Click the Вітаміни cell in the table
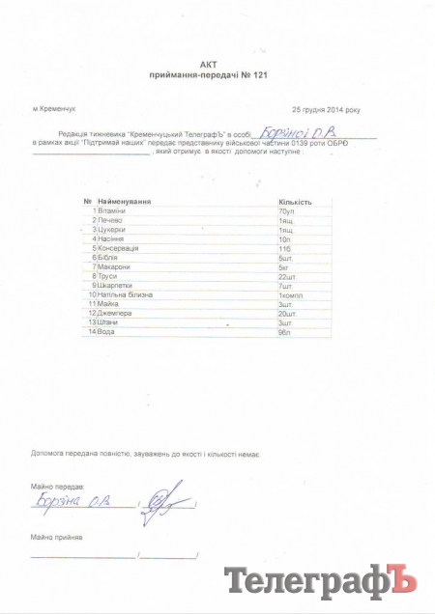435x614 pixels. coord(112,210)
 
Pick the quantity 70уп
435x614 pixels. coord(286,210)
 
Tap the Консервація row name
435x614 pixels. coord(119,248)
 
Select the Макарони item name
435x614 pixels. coord(115,266)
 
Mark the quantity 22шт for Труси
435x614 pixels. coord(286,276)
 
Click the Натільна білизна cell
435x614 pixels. coord(126,294)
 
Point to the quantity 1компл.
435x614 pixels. coord(291,294)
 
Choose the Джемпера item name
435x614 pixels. coord(115,314)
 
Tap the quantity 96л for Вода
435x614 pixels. coord(284,332)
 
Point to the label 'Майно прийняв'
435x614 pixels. coord(57,536)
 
